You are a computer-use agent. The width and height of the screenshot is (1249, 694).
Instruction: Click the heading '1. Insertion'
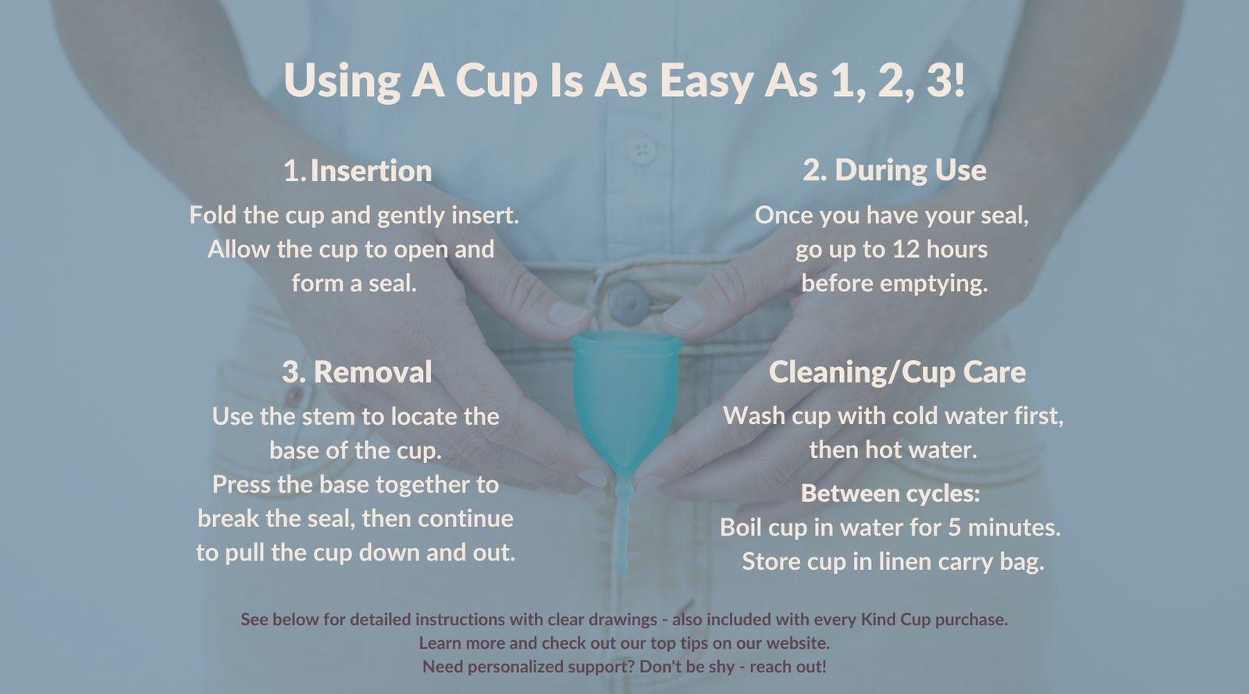[358, 171]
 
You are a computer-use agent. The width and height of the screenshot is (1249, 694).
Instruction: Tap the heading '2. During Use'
[895, 170]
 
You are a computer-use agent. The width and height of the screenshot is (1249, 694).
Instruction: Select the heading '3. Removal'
[357, 372]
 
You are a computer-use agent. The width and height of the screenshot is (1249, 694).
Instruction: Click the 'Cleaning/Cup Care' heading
[897, 372]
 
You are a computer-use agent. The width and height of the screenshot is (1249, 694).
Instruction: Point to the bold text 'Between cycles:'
[890, 493]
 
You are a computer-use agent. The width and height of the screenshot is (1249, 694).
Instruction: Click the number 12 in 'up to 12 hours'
[906, 249]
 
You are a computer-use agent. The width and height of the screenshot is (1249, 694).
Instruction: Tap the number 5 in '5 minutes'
[954, 527]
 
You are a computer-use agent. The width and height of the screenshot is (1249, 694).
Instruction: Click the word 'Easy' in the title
[706, 80]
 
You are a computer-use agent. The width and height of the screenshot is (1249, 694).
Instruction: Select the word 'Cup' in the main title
[496, 80]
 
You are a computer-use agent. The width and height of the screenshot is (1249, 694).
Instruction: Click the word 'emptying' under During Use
[934, 283]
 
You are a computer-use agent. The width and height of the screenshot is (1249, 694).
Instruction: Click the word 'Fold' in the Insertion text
[213, 215]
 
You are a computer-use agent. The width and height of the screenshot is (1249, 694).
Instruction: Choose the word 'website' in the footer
[796, 643]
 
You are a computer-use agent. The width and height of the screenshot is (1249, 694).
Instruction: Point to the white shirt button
[642, 149]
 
